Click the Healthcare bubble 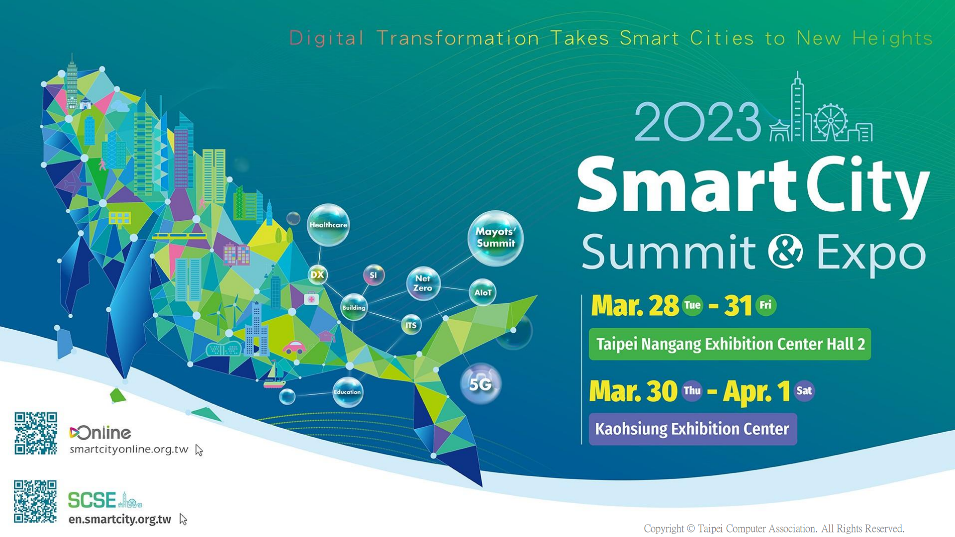pyautogui.click(x=328, y=225)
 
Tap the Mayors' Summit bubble pyautogui.click(x=495, y=238)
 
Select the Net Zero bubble pyautogui.click(x=423, y=283)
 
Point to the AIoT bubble pyautogui.click(x=482, y=292)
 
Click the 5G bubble pyautogui.click(x=480, y=384)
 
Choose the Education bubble pyautogui.click(x=347, y=392)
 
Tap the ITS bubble pyautogui.click(x=411, y=325)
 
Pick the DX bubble pyautogui.click(x=317, y=274)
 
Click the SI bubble pyautogui.click(x=374, y=275)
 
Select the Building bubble pyautogui.click(x=354, y=307)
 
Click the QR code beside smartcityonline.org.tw pyautogui.click(x=36, y=433)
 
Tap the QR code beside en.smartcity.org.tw pyautogui.click(x=35, y=501)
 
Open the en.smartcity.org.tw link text pyautogui.click(x=120, y=519)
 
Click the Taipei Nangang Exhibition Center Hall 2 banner pyautogui.click(x=730, y=344)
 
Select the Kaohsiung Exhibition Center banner pyautogui.click(x=692, y=429)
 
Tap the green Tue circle pyautogui.click(x=692, y=305)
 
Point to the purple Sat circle pyautogui.click(x=804, y=390)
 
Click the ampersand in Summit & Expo pyautogui.click(x=785, y=252)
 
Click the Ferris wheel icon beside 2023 pyautogui.click(x=830, y=121)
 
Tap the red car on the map pyautogui.click(x=294, y=347)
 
